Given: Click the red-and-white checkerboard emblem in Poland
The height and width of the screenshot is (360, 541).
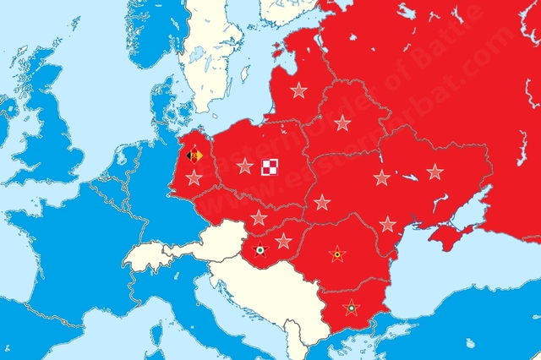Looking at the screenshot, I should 271,166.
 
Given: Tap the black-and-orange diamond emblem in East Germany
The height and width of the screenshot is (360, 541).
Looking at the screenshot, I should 194,155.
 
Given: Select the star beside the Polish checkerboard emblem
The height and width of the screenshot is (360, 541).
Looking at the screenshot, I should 244,166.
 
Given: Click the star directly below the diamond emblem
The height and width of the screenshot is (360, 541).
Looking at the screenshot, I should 194,177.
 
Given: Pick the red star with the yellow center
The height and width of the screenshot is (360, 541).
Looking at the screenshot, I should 337,254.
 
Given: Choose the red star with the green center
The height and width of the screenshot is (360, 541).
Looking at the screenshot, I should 349,308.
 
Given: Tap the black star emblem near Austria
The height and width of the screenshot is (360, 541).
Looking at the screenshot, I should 260,249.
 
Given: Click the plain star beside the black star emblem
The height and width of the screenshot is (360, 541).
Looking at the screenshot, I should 283,242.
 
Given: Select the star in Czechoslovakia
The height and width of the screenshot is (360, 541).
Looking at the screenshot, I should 259,217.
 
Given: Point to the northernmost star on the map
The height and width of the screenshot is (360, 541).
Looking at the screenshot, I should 298,90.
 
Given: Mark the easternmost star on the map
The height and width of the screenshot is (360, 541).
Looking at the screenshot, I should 434,172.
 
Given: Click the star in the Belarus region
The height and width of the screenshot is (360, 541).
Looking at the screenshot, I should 342,123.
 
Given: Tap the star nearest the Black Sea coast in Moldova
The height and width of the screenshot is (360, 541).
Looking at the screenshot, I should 387,224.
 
